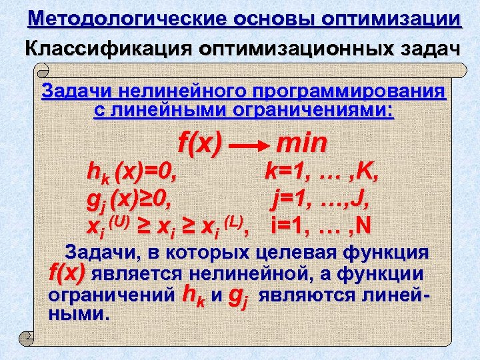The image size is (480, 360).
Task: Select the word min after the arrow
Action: [x=301, y=142]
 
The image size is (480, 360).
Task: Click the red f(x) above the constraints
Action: [x=199, y=141]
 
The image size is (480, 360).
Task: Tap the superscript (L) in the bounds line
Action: [x=233, y=219]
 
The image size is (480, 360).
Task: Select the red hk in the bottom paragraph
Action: [x=193, y=294]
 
